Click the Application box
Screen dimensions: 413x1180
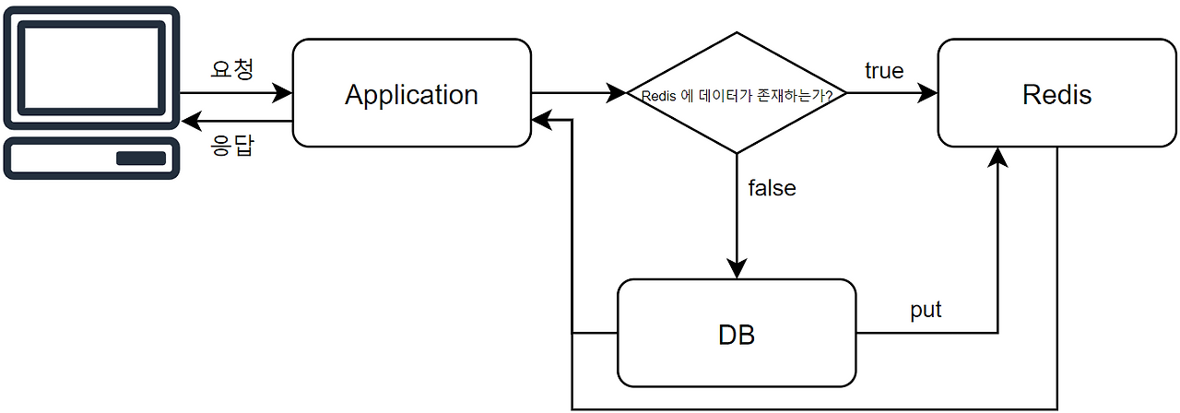(x=411, y=92)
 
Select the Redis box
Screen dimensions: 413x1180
(x=1056, y=92)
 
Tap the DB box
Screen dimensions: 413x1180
(x=736, y=333)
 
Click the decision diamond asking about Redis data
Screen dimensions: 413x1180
(x=736, y=92)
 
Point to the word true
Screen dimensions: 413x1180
(x=883, y=71)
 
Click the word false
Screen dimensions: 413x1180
(x=772, y=188)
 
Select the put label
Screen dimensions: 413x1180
(x=926, y=310)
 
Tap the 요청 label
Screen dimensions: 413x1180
(x=231, y=69)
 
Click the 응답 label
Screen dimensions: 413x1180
(x=231, y=146)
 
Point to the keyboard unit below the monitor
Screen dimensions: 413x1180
(x=90, y=158)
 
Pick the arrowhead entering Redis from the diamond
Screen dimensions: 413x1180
(x=928, y=92)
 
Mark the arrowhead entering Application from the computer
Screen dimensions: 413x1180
(x=283, y=92)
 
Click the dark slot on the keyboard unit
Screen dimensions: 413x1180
(x=140, y=158)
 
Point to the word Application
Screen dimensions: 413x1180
(x=411, y=94)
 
